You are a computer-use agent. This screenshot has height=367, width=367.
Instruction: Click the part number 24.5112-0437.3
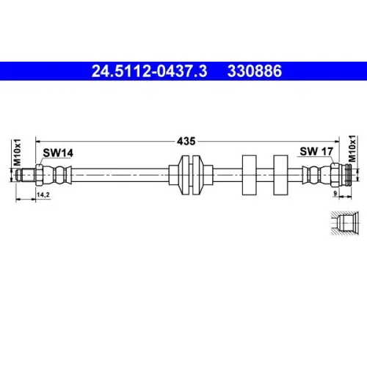tap(149, 71)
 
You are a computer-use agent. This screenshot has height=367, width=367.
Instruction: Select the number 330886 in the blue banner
tap(255, 71)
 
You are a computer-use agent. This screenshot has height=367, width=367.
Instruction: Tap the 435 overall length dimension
tap(186, 141)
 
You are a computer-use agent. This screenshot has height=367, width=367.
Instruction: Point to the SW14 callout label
tap(58, 153)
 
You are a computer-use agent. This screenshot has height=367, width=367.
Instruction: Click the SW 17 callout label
tap(316, 151)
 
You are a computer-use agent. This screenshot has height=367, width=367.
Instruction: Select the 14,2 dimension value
tap(43, 195)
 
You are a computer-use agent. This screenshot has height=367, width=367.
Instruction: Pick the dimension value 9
tap(335, 193)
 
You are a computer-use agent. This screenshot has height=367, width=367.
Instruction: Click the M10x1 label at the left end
tap(17, 152)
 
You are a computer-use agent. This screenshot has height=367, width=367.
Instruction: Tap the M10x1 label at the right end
tap(352, 148)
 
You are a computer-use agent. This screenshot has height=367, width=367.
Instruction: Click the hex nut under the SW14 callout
tap(39, 175)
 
